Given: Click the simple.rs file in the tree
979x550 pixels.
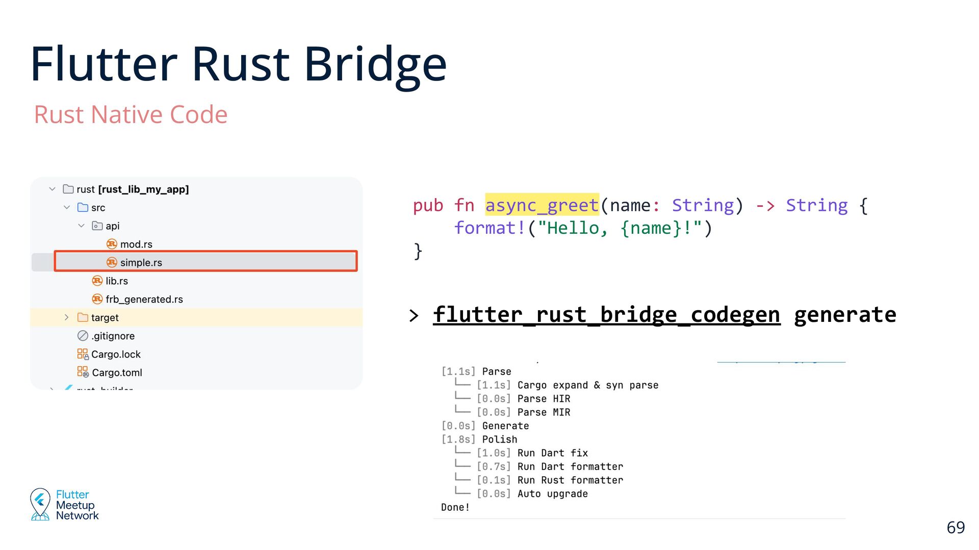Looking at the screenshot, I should tap(141, 262).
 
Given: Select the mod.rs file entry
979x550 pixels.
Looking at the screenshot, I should tap(136, 244).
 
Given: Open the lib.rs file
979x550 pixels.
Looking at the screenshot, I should tap(116, 281).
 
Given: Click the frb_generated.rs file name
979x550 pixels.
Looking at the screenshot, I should tap(144, 299).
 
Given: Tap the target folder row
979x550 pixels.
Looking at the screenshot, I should tap(105, 317).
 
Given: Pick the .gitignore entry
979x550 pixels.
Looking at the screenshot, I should tap(113, 336).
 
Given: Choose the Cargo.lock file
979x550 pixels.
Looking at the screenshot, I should tap(115, 354).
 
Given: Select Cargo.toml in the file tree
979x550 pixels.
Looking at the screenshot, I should tap(117, 372).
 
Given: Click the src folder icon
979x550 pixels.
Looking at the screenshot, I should tap(83, 207).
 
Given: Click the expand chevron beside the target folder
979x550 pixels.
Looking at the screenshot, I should tap(66, 317).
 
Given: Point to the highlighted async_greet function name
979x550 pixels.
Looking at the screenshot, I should tap(542, 205).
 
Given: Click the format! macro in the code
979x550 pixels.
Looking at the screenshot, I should tap(489, 228).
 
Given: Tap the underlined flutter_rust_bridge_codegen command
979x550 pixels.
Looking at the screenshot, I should tap(606, 314).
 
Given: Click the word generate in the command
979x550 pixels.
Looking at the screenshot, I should tap(845, 314).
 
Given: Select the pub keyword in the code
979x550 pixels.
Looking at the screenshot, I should tap(428, 205).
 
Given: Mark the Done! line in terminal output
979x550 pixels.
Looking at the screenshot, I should tap(455, 507).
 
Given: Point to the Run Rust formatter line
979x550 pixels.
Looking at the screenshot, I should tap(570, 480).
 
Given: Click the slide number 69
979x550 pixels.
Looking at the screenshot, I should tap(956, 527).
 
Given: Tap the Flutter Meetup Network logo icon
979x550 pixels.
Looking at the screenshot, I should tap(40, 504).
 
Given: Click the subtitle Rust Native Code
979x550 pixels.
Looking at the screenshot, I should tap(131, 114).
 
